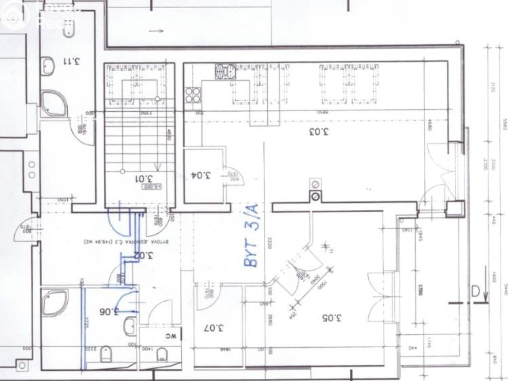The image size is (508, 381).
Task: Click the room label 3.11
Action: pyautogui.click(x=71, y=61)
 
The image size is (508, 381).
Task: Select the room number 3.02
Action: pyautogui.click(x=142, y=256)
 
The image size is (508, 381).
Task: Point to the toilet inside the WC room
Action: pyautogui.click(x=161, y=356)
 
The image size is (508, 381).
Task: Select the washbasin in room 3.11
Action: pyautogui.click(x=48, y=66)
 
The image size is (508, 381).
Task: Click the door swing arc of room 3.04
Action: pyautogui.click(x=229, y=176)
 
